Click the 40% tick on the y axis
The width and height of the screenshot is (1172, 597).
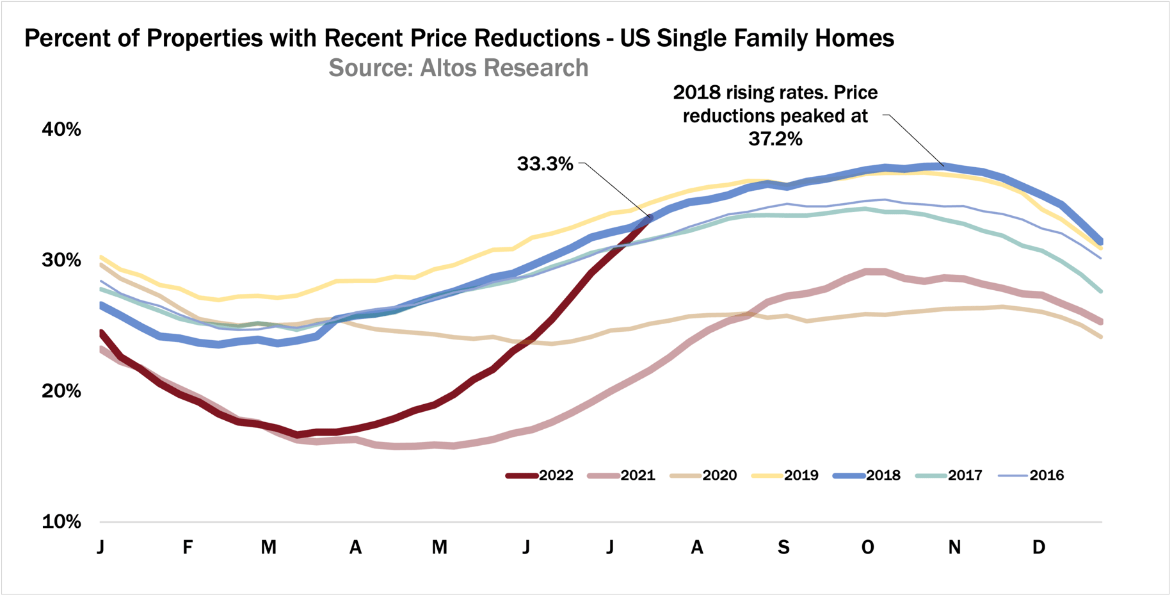[x=61, y=129]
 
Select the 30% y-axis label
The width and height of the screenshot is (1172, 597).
[x=61, y=260]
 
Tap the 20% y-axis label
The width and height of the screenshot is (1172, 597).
[x=61, y=391]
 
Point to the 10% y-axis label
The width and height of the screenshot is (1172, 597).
[x=61, y=521]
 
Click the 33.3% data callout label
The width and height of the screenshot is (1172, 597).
[x=545, y=164]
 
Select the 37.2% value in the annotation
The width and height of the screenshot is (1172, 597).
[x=775, y=139]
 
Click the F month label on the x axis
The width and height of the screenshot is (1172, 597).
[x=187, y=547]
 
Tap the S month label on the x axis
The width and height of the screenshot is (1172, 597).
[x=783, y=547]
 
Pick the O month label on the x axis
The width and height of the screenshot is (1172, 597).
[x=867, y=547]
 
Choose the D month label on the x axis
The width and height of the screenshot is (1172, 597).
[x=1038, y=547]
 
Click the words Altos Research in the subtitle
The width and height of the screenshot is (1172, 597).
[x=504, y=68]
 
